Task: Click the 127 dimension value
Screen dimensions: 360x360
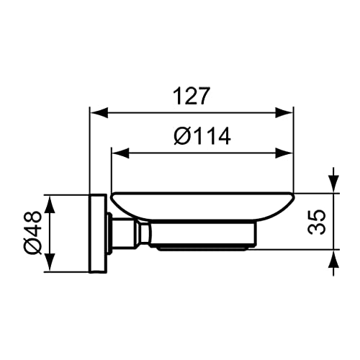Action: coord(192,96)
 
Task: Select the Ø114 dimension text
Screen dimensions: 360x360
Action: coord(202,136)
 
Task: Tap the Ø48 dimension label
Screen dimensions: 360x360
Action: coord(33,233)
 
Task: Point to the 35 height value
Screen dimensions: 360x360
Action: coord(317,222)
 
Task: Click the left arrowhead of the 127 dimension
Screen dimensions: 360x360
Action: coord(99,112)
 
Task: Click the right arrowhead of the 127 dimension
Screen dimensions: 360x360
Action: coord(284,112)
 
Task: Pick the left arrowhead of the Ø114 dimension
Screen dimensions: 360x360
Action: coord(121,153)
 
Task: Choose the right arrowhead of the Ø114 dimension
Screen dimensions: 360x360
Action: coord(284,153)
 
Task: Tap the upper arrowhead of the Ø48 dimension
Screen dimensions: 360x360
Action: coord(50,204)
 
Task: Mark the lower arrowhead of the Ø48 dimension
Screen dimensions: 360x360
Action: coord(50,263)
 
